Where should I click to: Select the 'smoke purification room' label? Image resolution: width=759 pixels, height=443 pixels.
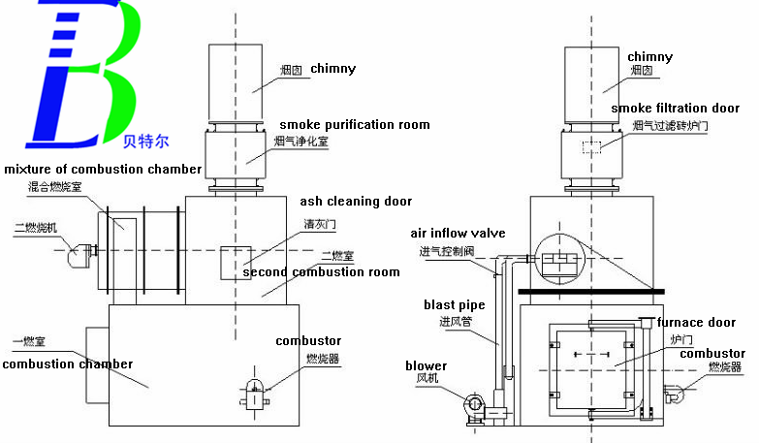(x=355, y=125)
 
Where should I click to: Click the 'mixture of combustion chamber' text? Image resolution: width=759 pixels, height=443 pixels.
(x=101, y=170)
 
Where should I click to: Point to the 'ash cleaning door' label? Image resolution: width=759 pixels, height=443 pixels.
(x=356, y=202)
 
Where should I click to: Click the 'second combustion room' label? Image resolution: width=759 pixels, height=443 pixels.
(x=321, y=272)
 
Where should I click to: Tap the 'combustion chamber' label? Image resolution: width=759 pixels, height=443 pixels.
(x=67, y=364)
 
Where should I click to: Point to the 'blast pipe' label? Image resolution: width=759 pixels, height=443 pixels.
(x=453, y=305)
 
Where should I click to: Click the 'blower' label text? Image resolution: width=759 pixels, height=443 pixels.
(x=427, y=365)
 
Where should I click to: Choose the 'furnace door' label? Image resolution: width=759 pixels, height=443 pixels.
(x=694, y=323)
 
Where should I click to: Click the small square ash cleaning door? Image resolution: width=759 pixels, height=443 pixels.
(x=237, y=263)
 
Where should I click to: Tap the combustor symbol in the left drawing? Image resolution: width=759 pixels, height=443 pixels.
(x=254, y=390)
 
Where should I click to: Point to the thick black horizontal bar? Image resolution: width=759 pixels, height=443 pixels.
(x=591, y=291)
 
